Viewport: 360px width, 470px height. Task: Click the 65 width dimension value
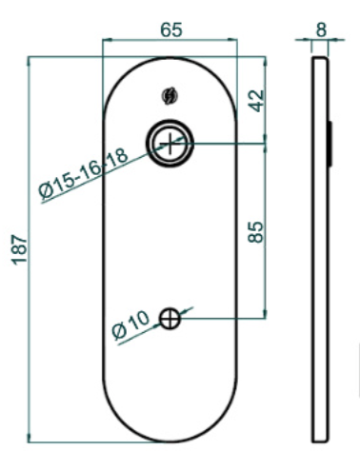[x=171, y=29]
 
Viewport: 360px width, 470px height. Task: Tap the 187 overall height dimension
[x=20, y=249]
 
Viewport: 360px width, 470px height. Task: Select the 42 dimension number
[x=256, y=101]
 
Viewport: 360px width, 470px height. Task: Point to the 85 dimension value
[x=256, y=232]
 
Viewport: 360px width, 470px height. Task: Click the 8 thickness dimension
[x=321, y=29]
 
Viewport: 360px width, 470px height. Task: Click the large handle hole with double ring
[x=170, y=144]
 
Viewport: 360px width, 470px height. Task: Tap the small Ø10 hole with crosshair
[x=170, y=319]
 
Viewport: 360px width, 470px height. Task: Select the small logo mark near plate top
[x=170, y=96]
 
